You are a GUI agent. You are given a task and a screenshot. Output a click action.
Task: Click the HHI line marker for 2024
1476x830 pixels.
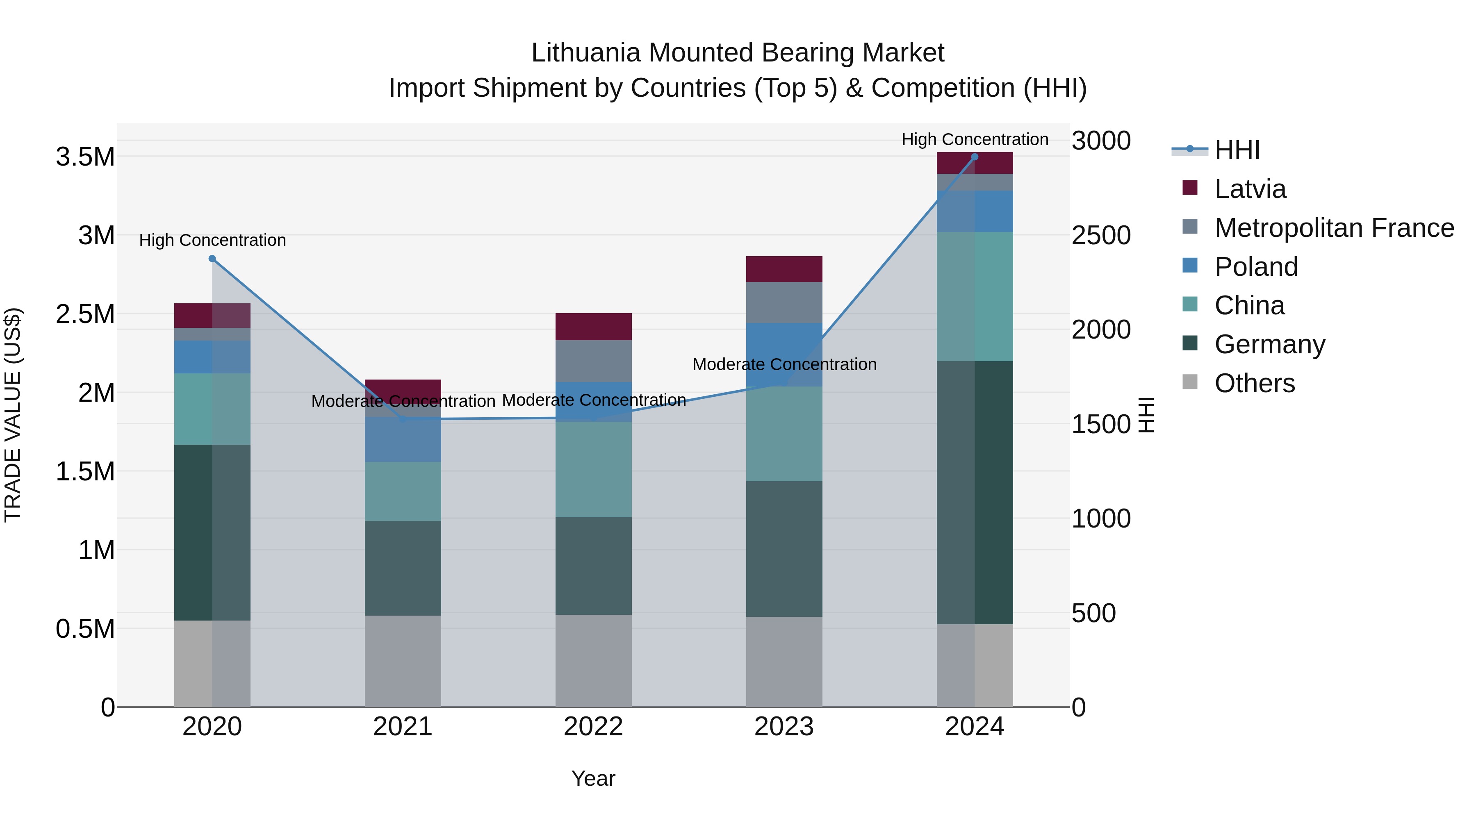pos(975,157)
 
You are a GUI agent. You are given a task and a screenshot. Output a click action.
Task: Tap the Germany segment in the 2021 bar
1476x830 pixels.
pos(403,568)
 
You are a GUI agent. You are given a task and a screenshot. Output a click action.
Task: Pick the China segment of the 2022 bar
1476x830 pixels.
pos(594,470)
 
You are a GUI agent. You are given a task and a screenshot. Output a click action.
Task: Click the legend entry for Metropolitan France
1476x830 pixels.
pos(1334,228)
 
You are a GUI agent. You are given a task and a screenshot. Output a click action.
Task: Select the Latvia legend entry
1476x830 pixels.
pos(1250,189)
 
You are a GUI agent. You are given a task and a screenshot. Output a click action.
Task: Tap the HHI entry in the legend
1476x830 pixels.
pos(1237,150)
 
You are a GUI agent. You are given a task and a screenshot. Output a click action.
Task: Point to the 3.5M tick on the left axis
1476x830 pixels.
pos(85,157)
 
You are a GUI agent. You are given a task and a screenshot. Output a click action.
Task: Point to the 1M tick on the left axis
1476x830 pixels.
pos(96,550)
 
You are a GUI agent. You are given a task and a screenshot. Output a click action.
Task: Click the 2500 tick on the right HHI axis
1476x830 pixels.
pos(1101,235)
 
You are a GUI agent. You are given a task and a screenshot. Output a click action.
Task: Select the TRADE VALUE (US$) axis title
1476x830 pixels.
pos(13,415)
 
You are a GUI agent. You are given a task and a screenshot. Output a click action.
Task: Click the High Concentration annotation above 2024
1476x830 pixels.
pos(975,139)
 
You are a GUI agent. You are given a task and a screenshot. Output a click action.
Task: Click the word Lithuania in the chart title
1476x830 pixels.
pos(585,53)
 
